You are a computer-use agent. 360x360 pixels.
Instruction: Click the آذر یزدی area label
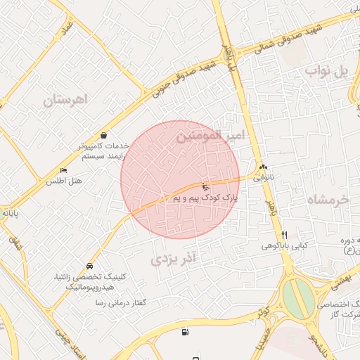176,258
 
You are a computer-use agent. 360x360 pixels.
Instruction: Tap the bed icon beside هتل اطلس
64,170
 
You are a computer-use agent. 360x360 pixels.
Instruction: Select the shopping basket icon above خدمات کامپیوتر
104,135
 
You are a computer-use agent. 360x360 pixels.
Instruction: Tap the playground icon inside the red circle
205,187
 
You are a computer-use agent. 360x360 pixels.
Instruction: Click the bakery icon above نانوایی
263,167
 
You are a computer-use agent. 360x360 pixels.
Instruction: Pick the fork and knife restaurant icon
284,235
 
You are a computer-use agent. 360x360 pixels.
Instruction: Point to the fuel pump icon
185,332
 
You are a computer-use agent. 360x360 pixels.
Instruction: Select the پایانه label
8,212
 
